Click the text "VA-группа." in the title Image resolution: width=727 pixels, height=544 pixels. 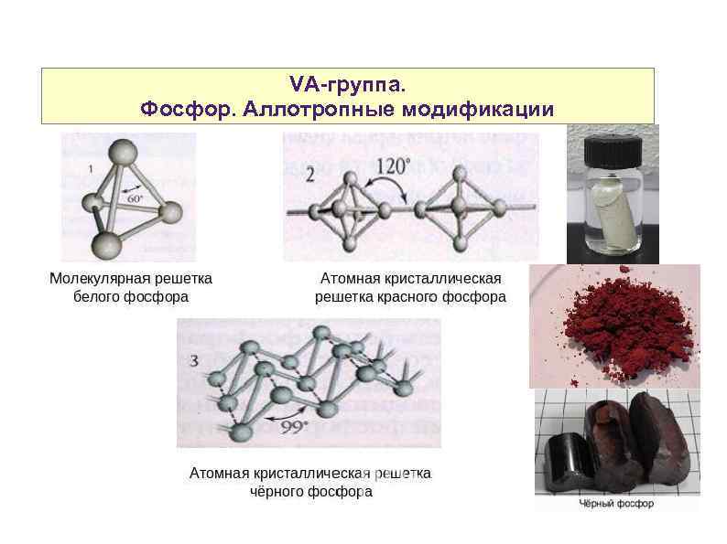(346, 85)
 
